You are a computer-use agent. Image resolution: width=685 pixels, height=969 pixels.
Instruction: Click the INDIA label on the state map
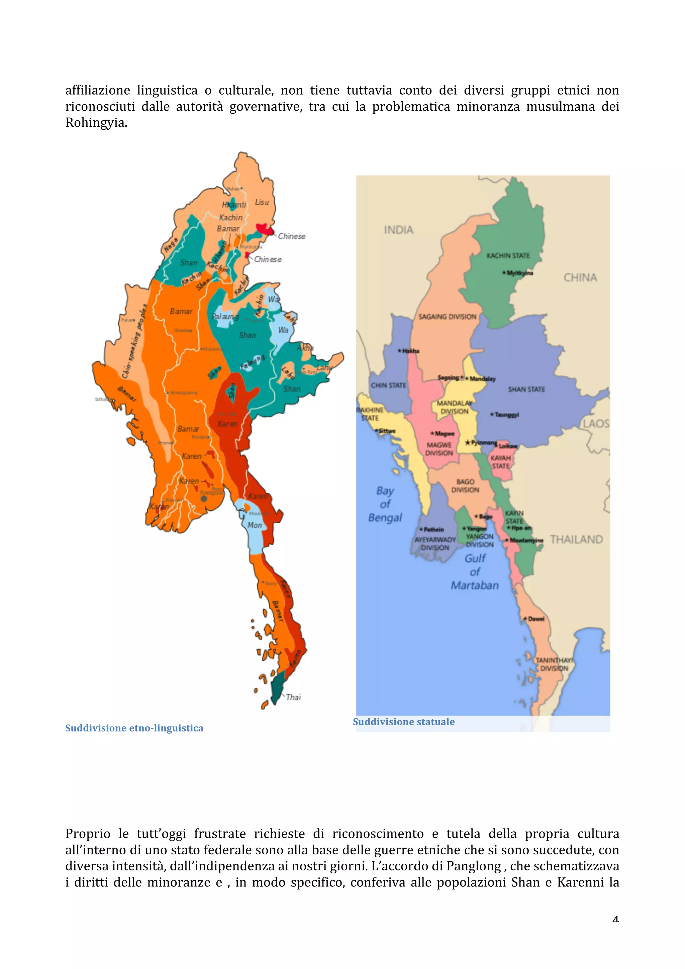coord(398,230)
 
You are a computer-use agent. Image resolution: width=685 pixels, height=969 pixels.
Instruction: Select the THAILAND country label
coord(576,539)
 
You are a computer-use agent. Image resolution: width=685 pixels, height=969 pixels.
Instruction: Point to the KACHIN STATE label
coord(508,256)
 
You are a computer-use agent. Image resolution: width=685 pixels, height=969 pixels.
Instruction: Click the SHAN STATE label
coord(526,389)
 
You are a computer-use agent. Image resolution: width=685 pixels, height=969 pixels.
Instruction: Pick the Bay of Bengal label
coord(385,504)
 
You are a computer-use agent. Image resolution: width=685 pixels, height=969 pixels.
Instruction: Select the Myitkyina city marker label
coord(519,273)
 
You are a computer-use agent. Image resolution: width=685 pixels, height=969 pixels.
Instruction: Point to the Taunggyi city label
coord(506,415)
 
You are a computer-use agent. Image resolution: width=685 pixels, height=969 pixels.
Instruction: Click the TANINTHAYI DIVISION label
coord(554,664)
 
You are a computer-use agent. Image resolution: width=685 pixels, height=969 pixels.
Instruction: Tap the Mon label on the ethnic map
coord(255,525)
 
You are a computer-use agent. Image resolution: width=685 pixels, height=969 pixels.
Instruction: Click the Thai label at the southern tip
coord(293,697)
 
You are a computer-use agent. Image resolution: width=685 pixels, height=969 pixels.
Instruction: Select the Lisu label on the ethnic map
coord(262,202)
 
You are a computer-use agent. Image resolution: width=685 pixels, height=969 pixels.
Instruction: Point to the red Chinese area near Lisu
coord(265,229)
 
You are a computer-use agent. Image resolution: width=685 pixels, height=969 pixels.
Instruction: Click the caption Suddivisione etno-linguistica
coord(134,728)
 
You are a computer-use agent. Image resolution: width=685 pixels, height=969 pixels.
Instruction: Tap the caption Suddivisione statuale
coord(403,722)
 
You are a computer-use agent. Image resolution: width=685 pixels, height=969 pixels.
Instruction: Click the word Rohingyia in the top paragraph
coord(96,123)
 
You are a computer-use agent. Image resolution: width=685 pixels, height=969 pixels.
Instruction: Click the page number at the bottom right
coord(615,919)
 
